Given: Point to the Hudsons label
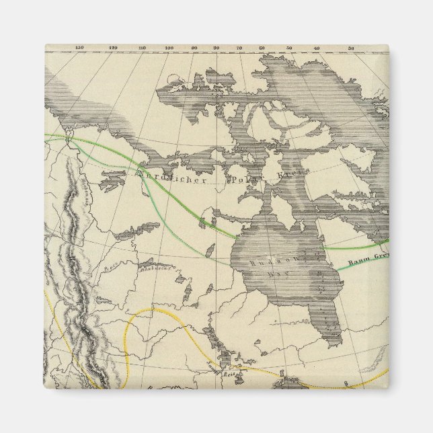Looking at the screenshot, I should pos(268,256).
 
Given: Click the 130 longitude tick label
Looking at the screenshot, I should pos(80,47).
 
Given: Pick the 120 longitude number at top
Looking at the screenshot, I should pos(112,47).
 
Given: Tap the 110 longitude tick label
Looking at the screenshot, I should pos(142,47).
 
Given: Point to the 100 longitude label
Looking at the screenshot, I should pos(169,47).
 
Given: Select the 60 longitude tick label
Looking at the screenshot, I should pos(262,47).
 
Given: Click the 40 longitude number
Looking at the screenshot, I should pos(317,47).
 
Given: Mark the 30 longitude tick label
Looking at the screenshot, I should pos(352,47).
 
